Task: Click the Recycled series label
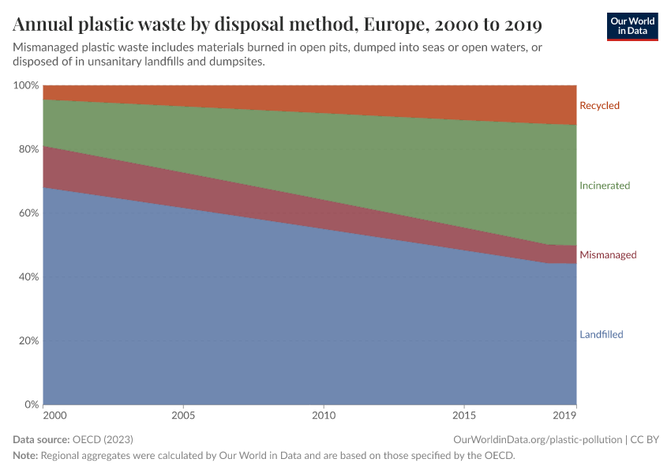[599, 105]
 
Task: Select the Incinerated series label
[605, 186]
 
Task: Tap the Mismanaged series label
[608, 255]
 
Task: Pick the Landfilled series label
[601, 334]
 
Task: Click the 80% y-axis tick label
[28, 149]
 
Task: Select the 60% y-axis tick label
[28, 213]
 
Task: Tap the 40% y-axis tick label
[28, 277]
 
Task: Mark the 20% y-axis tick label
[28, 341]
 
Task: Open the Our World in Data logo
[632, 26]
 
